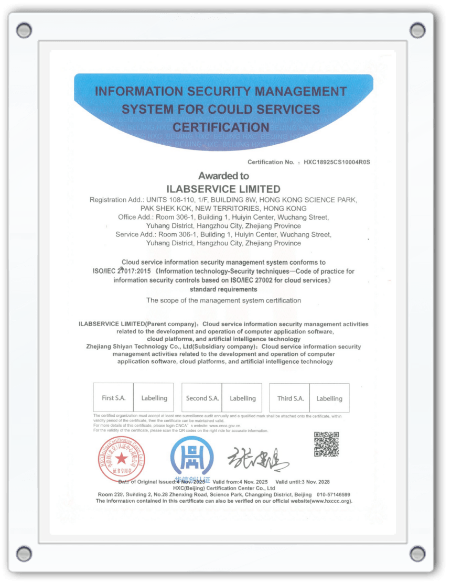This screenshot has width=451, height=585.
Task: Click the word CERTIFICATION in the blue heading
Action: [x=221, y=127]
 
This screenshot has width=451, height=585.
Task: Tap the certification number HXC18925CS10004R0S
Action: [x=337, y=162]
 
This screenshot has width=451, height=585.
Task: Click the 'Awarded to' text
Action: [x=223, y=176]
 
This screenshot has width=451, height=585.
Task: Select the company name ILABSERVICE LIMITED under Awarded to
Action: [x=223, y=189]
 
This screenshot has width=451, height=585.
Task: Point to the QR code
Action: [x=326, y=444]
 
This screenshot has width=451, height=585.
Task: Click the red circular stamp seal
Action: [x=121, y=458]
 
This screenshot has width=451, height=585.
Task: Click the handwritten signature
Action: [x=257, y=460]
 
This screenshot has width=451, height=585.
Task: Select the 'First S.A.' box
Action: [x=113, y=398]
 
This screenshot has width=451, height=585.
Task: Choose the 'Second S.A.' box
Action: [x=202, y=398]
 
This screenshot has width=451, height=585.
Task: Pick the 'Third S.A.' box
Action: [x=290, y=398]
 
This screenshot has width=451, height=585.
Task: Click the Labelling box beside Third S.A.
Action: [x=329, y=398]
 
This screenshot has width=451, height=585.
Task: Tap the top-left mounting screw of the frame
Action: [x=24, y=30]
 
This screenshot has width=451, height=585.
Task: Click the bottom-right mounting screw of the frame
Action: [x=417, y=553]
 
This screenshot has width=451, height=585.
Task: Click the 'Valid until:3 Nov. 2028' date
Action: [x=303, y=481]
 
